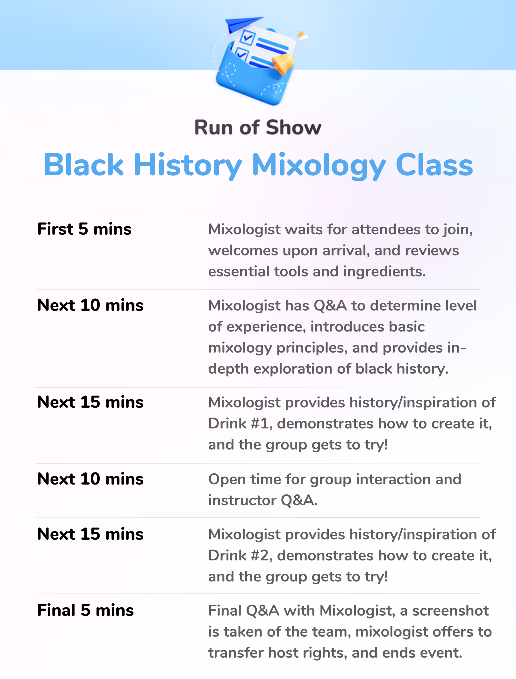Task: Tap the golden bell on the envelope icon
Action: point(283,63)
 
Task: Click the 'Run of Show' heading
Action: point(258,128)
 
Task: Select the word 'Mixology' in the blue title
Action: point(319,165)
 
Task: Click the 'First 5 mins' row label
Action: point(84,229)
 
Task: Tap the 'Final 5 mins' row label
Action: point(85,610)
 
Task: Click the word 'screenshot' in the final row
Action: point(450,611)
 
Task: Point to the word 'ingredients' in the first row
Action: point(384,272)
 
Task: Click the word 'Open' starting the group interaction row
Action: point(227,480)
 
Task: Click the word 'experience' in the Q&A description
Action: point(271,327)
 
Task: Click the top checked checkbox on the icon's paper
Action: point(247,37)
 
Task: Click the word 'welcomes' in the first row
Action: point(243,251)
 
